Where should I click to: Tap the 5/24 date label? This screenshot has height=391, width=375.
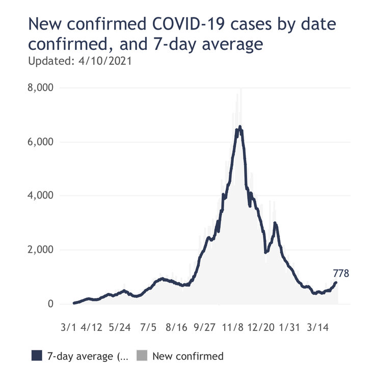[x=120, y=326]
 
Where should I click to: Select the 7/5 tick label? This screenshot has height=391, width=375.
[x=148, y=326]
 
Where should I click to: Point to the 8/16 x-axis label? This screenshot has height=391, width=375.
[x=176, y=326]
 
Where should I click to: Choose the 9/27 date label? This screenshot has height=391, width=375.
[x=204, y=326]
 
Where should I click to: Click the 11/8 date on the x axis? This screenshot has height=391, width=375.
[x=232, y=326]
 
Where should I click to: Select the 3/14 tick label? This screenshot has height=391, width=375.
[x=317, y=326]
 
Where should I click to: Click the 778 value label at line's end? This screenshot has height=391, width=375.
[x=340, y=274]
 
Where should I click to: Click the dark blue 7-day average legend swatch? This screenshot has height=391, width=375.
[x=36, y=356]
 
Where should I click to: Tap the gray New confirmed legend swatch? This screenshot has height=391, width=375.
[x=142, y=356]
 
